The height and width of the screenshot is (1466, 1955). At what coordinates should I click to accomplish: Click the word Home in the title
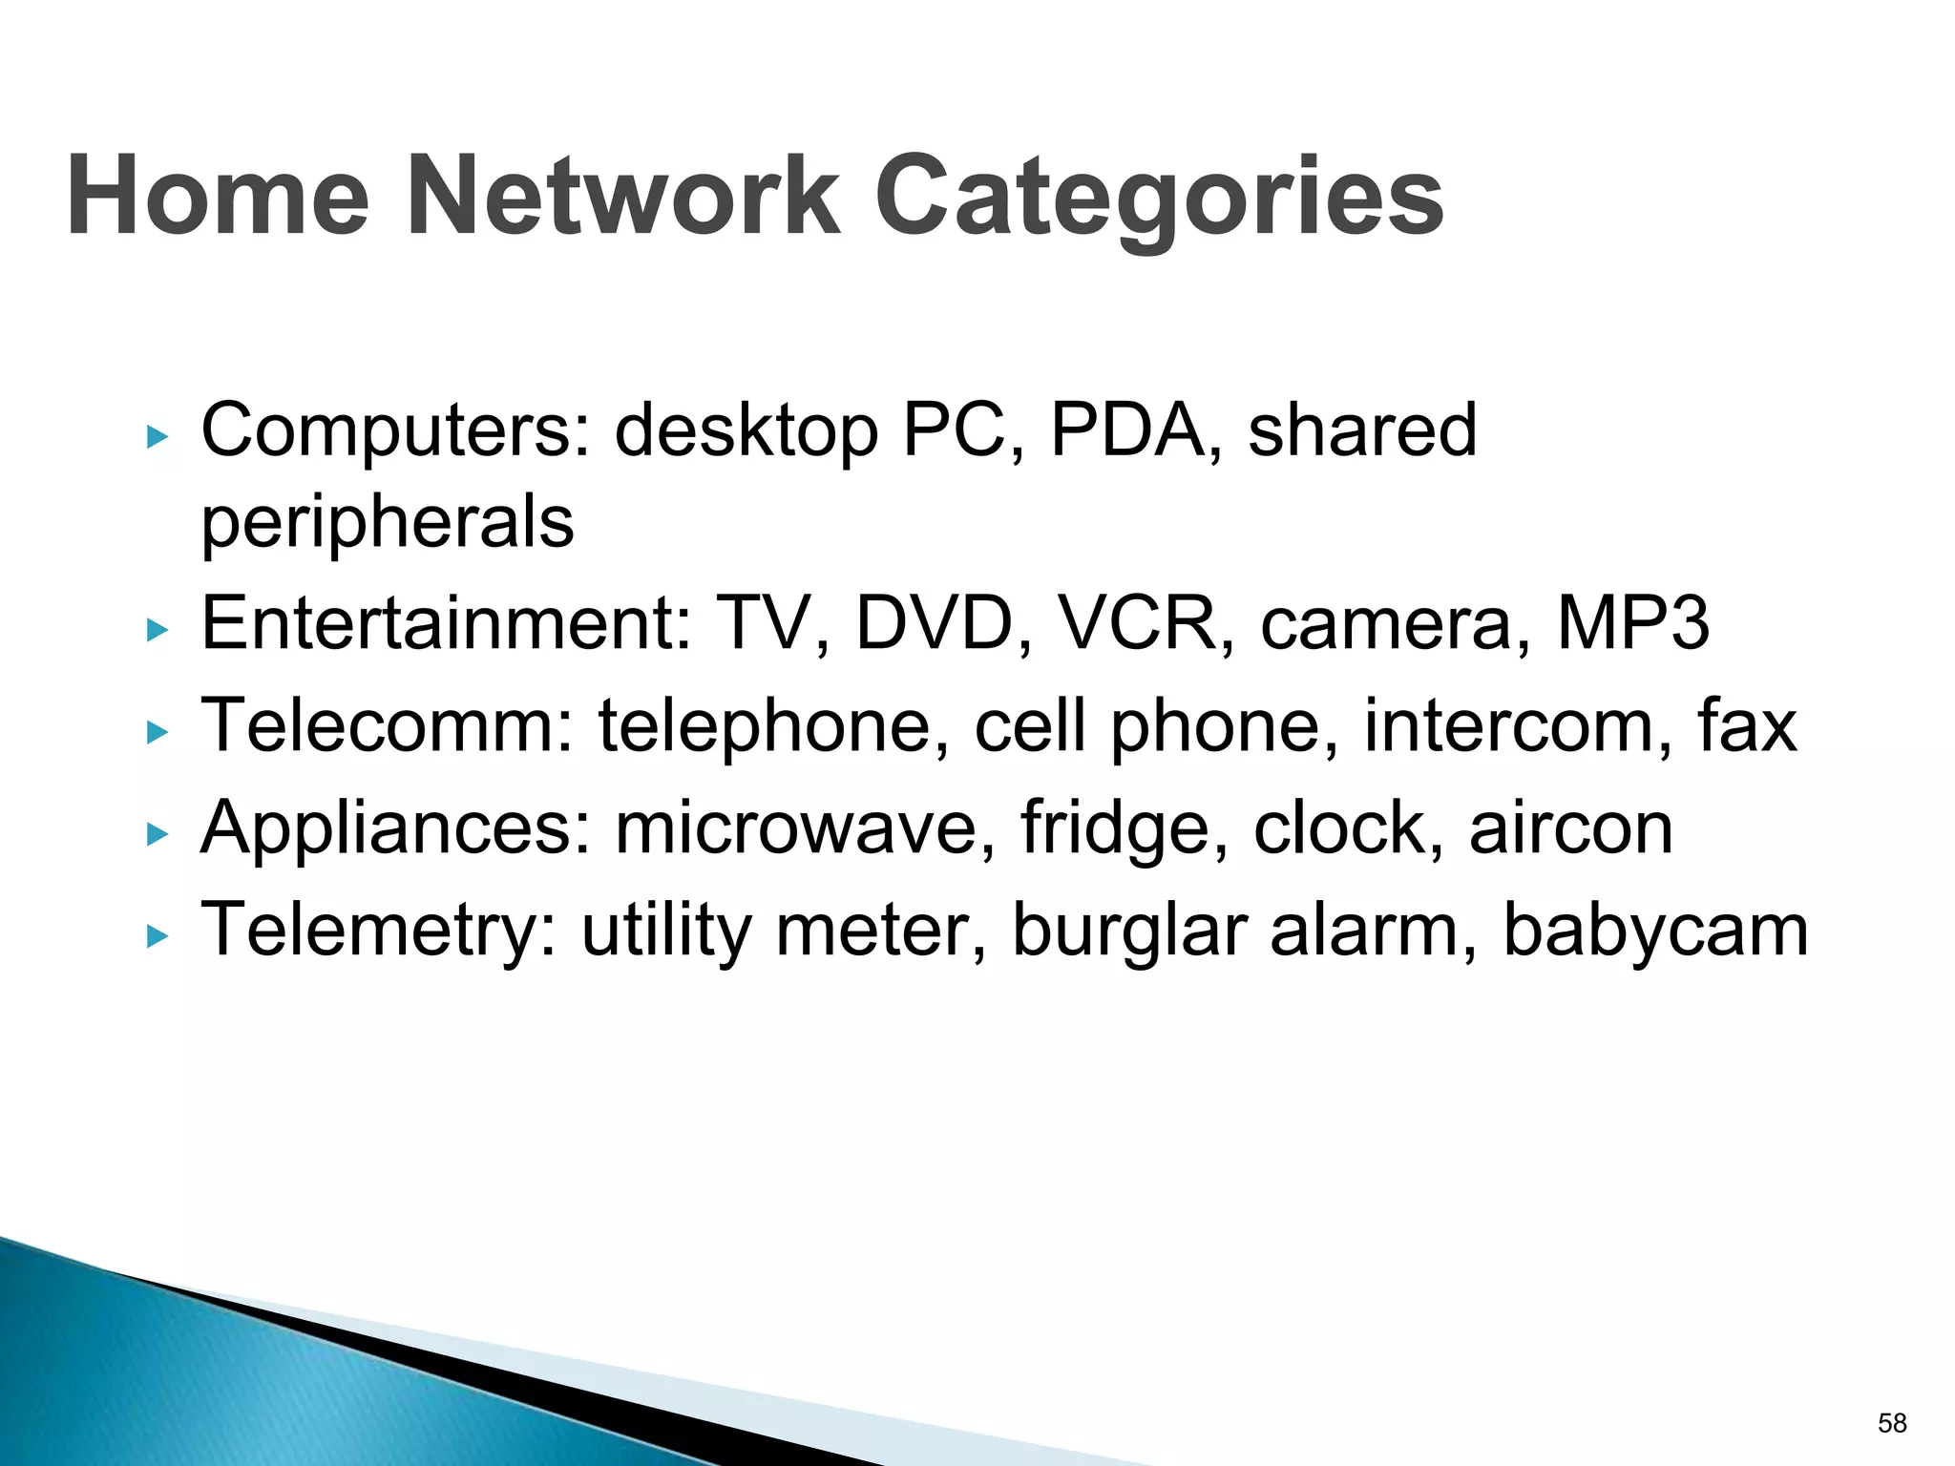218,197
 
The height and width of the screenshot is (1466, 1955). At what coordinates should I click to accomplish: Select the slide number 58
1892,1423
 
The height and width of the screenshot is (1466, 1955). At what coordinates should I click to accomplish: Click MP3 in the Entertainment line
1632,623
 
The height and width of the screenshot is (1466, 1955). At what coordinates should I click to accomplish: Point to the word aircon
1571,828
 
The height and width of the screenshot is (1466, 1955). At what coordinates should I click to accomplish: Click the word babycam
1656,931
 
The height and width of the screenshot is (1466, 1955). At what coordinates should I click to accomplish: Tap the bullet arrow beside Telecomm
157,732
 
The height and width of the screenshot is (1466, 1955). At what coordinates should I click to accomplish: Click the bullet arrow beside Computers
157,438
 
